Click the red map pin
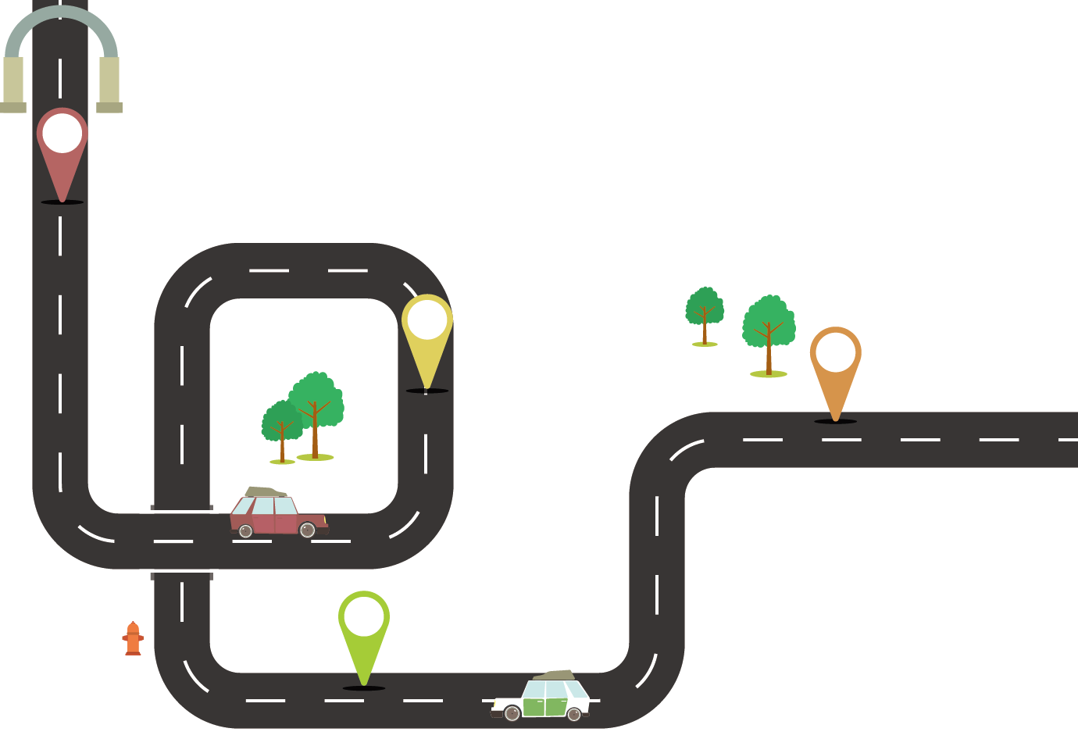click(62, 152)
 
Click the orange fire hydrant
click(133, 639)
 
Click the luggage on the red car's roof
click(266, 491)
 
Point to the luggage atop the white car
click(555, 675)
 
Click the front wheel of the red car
click(307, 530)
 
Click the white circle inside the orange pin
click(836, 351)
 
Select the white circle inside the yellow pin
click(427, 319)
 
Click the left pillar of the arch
click(13, 81)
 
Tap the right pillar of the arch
click(109, 81)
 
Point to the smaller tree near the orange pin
click(705, 312)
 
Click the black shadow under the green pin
click(364, 688)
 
